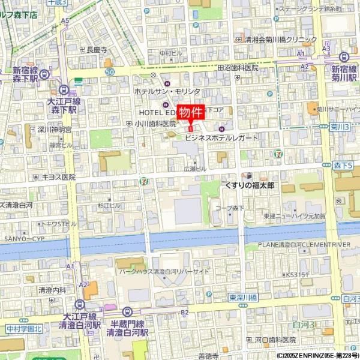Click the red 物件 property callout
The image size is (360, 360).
point(191,113)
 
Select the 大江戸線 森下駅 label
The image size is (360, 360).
point(62,106)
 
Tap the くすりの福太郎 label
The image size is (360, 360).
point(249,186)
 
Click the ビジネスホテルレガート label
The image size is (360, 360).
point(221,137)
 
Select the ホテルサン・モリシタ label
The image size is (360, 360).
point(167,91)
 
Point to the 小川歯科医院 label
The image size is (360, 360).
point(155,123)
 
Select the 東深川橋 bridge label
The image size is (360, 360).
point(242,297)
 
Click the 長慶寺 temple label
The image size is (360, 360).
point(97,50)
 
